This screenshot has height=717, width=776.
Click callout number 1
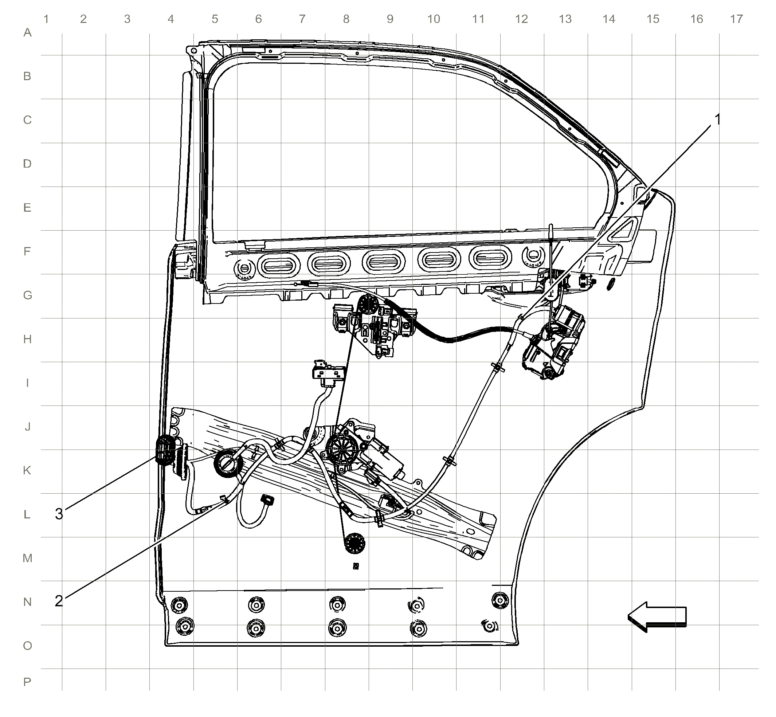pyautogui.click(x=717, y=119)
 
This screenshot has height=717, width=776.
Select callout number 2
pyautogui.click(x=59, y=601)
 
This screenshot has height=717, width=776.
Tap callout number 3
pyautogui.click(x=59, y=514)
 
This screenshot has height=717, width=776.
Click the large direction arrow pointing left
pyautogui.click(x=657, y=617)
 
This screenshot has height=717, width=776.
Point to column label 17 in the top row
pyautogui.click(x=736, y=19)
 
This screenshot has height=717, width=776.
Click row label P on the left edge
pyautogui.click(x=27, y=682)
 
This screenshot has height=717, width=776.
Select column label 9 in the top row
pyautogui.click(x=390, y=19)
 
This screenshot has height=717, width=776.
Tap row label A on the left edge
pyautogui.click(x=27, y=32)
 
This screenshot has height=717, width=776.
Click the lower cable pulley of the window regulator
pyautogui.click(x=354, y=543)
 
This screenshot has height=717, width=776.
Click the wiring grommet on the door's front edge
pyautogui.click(x=165, y=450)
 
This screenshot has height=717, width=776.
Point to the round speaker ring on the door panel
pyautogui.click(x=228, y=463)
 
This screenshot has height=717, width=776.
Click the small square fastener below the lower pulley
pyautogui.click(x=356, y=567)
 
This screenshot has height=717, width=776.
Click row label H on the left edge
pyautogui.click(x=27, y=339)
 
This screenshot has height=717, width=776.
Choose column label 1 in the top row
pyautogui.click(x=46, y=19)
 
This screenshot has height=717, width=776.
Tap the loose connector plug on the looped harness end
pyautogui.click(x=267, y=500)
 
